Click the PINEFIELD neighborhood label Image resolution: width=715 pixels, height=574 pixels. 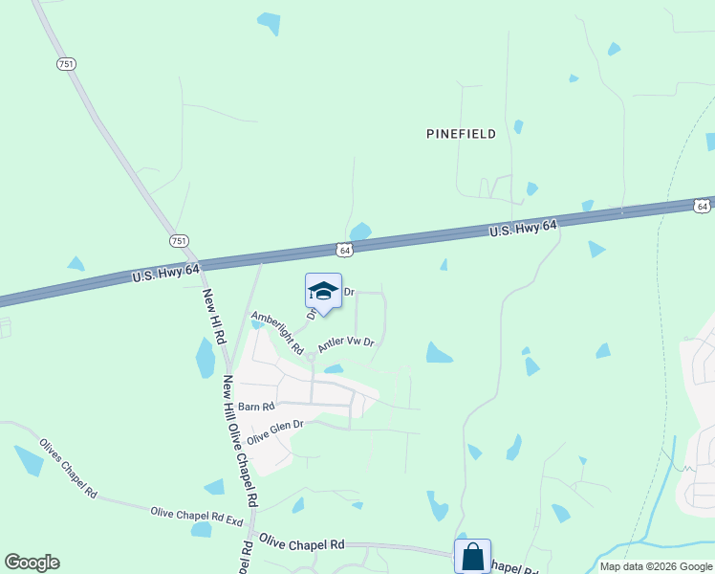(x=461, y=134)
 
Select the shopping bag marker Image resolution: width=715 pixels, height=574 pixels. (x=472, y=556)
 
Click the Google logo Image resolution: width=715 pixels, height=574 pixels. (x=32, y=563)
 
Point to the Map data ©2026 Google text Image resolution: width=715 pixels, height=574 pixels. (x=655, y=566)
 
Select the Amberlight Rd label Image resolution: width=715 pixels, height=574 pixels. (x=276, y=331)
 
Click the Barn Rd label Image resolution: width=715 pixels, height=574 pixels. (x=256, y=406)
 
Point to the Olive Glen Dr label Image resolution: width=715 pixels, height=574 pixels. (x=274, y=431)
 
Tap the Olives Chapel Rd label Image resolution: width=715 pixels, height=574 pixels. (x=68, y=468)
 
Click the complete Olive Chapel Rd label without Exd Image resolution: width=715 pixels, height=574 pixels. (x=301, y=543)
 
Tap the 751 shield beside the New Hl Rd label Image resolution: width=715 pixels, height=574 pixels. (x=179, y=241)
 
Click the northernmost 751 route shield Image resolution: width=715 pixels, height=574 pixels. (x=66, y=63)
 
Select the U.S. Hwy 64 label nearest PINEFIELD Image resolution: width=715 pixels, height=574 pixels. (x=523, y=226)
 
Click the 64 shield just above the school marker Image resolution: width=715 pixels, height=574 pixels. (x=345, y=250)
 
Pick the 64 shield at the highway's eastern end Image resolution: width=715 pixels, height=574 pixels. (x=702, y=206)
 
